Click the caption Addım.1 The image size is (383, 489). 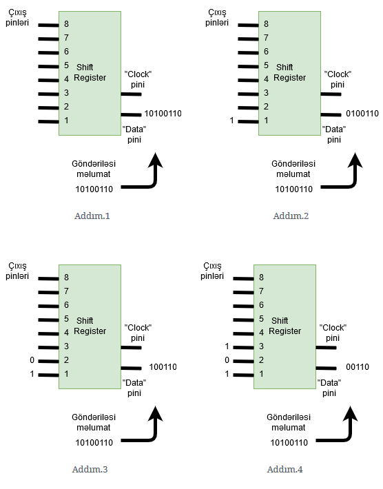coord(92,216)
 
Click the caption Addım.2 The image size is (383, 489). coord(291,216)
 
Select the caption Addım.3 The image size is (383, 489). coord(90,469)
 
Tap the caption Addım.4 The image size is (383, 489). coord(284,469)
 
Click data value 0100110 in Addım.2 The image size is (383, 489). coord(362,114)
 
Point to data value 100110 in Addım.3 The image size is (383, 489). coord(163,367)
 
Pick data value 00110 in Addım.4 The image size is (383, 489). coord(358,367)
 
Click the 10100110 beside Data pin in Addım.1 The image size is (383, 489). coord(163,114)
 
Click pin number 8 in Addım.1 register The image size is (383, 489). coord(66,24)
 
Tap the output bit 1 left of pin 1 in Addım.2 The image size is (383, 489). coord(231,121)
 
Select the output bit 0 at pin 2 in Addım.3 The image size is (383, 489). coord(32,360)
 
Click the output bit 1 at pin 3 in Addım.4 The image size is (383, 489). coord(227,346)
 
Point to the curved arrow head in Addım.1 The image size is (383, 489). coord(155,160)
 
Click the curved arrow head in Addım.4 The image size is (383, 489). coord(350,414)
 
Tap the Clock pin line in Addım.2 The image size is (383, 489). coord(331,94)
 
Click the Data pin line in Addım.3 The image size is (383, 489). coord(132,368)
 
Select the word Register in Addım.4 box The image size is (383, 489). coord(284,331)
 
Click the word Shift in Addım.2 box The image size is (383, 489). coord(284,67)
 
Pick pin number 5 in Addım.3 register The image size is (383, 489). coord(66,319)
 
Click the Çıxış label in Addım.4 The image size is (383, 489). coord(212,267)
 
